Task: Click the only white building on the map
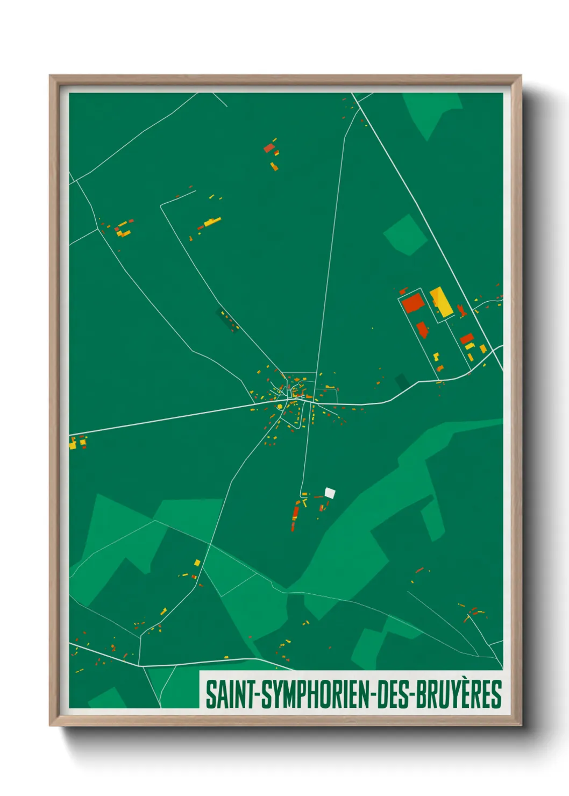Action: coord(330,492)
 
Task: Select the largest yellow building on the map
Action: coord(441,302)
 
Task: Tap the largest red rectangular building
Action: coord(414,303)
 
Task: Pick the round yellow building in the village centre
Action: coord(280,407)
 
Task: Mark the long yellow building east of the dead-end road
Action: coord(212,222)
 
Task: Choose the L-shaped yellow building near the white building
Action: coord(304,503)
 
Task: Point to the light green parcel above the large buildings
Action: coord(405,234)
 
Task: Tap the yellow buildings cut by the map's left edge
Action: coord(72,444)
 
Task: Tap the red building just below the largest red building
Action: coord(422,329)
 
